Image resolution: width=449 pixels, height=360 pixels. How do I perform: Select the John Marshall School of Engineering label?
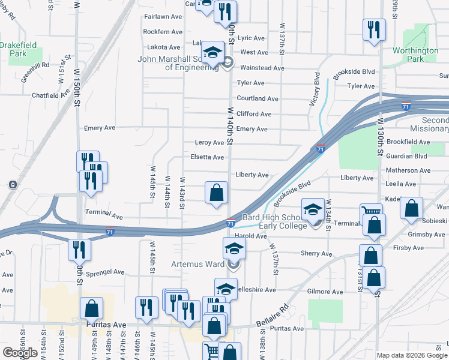pyautogui.click(x=178, y=63)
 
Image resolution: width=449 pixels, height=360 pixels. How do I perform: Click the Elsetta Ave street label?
pyautogui.click(x=207, y=157)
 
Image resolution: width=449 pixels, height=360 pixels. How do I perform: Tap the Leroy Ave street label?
pyautogui.click(x=209, y=143)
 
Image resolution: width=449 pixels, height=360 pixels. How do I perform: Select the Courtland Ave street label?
pyautogui.click(x=258, y=98)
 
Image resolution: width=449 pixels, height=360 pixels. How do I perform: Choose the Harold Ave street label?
pyautogui.click(x=250, y=236)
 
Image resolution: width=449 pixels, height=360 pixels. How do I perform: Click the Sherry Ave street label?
pyautogui.click(x=316, y=254)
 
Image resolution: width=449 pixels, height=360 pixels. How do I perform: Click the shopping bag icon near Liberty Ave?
pyautogui.click(x=217, y=193)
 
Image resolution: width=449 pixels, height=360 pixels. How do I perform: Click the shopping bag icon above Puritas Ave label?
pyautogui.click(x=91, y=308)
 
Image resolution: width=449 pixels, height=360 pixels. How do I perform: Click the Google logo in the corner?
pyautogui.click(x=20, y=353)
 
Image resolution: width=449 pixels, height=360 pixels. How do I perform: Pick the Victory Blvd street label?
pyautogui.click(x=313, y=89)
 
